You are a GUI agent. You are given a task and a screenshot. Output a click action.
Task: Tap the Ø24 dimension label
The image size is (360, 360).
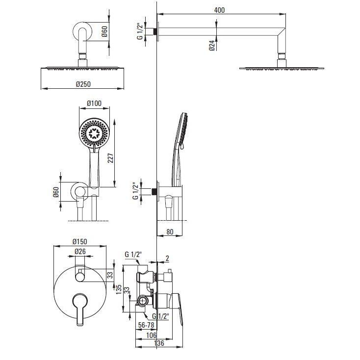point(210,46)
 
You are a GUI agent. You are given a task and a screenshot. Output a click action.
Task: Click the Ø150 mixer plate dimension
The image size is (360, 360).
point(80,242)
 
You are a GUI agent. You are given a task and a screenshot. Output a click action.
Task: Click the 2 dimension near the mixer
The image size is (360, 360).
point(167,259)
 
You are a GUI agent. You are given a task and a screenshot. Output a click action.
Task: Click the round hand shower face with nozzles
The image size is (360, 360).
point(94,132)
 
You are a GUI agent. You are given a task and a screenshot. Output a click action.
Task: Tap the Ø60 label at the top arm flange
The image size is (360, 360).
point(104,32)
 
